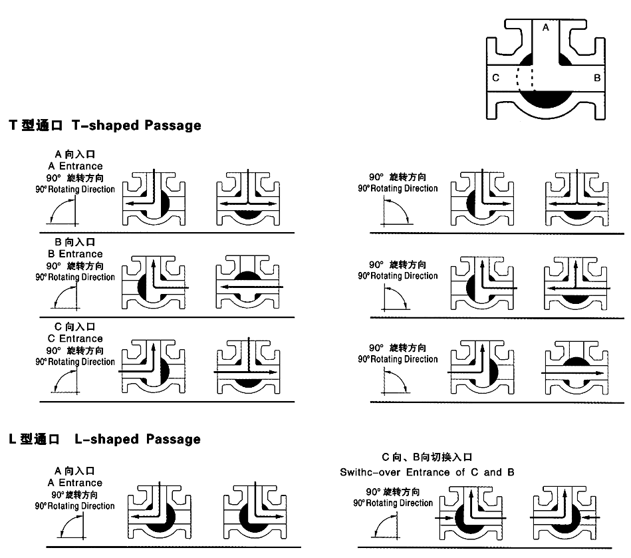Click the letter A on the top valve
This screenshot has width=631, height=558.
(545, 28)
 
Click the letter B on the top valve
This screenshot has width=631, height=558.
(597, 78)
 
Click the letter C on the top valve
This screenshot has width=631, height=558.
(495, 78)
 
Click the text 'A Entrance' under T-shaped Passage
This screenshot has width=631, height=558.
(75, 166)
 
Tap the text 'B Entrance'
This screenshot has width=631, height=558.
(75, 253)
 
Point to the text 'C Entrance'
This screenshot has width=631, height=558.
(75, 339)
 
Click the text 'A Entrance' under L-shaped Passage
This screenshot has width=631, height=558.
(75, 482)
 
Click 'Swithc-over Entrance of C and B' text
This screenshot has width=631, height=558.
(427, 472)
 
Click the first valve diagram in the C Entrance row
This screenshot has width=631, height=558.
(154, 368)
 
